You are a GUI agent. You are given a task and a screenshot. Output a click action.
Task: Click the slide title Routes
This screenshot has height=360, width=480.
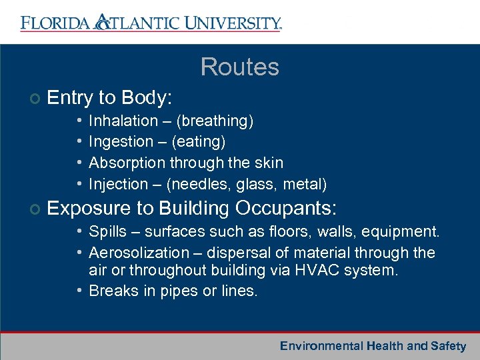pyautogui.click(x=239, y=67)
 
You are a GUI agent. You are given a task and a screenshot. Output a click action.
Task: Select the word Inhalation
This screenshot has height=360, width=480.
pyautogui.click(x=123, y=121)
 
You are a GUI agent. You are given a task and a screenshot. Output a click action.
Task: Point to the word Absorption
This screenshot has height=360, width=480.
pyautogui.click(x=127, y=163)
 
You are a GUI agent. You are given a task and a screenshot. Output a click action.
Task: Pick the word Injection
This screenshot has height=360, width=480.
pyautogui.click(x=118, y=184)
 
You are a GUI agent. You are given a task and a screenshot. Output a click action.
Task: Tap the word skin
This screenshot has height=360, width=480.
pyautogui.click(x=269, y=163)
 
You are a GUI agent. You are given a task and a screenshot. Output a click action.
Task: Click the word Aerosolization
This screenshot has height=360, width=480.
pyautogui.click(x=139, y=253)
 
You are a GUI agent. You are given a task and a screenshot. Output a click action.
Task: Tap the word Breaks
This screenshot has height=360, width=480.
pyautogui.click(x=111, y=291)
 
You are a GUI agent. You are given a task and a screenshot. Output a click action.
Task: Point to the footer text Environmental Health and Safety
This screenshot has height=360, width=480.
pyautogui.click(x=373, y=346)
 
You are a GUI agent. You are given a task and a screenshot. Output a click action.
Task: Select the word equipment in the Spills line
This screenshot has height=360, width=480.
pyautogui.click(x=404, y=232)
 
